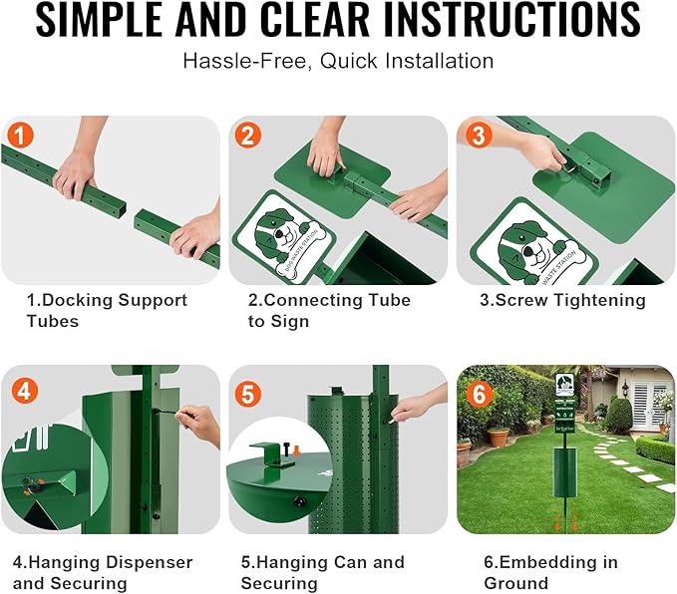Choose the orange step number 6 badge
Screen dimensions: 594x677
480,393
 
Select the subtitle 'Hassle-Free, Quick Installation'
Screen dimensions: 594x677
338,61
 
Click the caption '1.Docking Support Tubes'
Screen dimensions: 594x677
106,310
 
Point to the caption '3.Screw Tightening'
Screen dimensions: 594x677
560,300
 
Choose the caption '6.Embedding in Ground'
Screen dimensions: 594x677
550,572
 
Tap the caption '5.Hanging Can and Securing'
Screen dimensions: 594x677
322,572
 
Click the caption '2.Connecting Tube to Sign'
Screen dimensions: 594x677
328,310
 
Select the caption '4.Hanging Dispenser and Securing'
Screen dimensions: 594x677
102,572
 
